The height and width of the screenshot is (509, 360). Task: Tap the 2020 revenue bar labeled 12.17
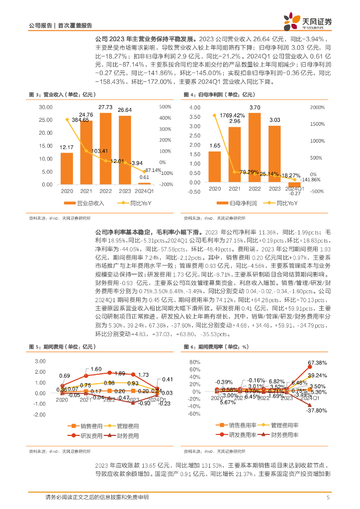(67, 169)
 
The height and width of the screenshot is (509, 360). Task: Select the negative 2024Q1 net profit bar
(295, 184)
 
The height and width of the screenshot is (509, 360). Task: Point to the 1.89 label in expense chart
(120, 373)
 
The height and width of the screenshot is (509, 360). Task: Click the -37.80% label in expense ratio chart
(316, 411)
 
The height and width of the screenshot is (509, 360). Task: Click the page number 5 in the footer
(328, 498)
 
